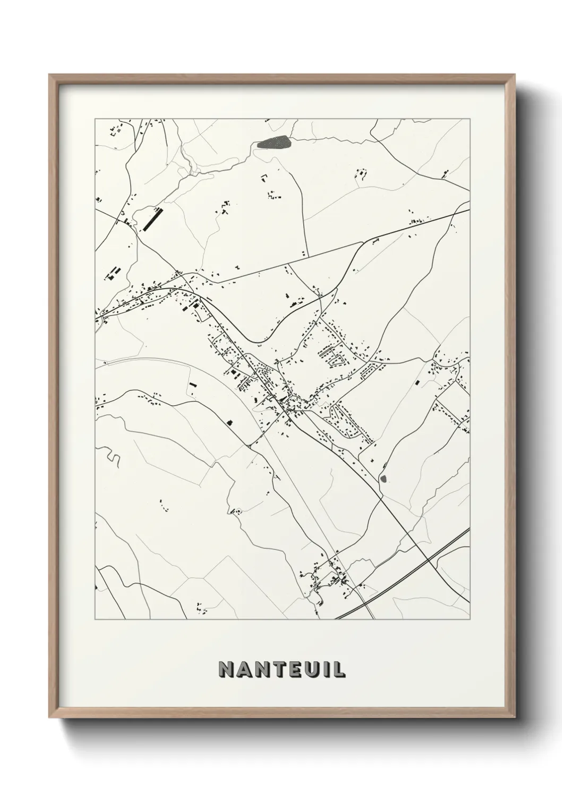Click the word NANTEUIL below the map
pos(282,669)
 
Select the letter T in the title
pos(275,669)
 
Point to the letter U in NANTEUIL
pos(310,669)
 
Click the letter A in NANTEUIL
pos(243,669)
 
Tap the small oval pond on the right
pos(384,479)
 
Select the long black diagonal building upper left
pos(152,219)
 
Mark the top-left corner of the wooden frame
pos(50,75)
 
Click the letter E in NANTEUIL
pos(293,669)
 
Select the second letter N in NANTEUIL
pos(259,669)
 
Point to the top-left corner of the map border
pos(95,119)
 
